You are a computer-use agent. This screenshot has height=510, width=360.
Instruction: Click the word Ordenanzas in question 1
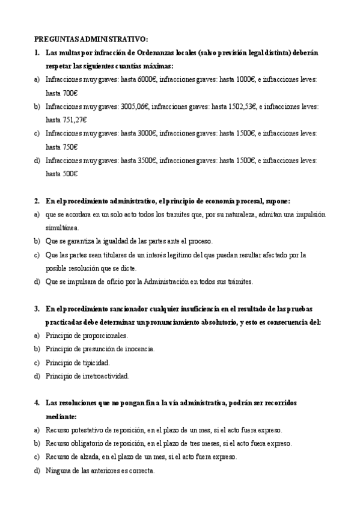tap(153, 52)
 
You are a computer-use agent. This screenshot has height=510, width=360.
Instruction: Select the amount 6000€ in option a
tap(147, 79)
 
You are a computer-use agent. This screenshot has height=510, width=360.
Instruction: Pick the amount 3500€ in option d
tap(147, 160)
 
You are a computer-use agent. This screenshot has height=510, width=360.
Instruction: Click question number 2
tap(37, 201)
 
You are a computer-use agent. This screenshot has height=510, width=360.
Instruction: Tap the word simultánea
tap(63, 227)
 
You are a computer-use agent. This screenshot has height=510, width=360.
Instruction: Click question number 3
tap(37, 309)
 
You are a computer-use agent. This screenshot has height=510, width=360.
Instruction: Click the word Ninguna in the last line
tap(58, 470)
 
